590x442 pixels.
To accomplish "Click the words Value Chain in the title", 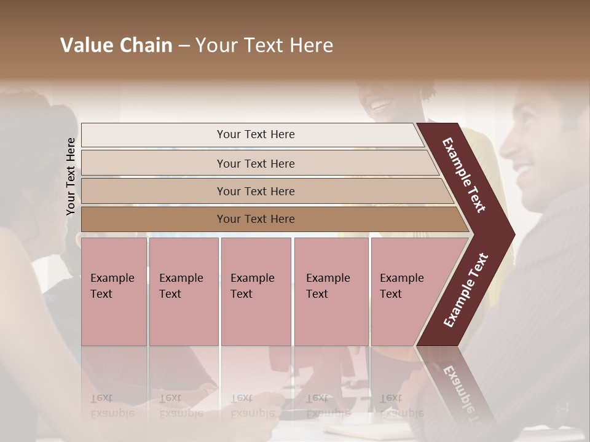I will [116, 45].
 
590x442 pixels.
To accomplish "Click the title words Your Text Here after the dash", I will [264, 45].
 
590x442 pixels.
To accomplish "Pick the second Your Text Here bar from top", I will [256, 163].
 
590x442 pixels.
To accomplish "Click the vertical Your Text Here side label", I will [71, 176].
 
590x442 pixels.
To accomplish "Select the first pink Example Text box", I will [114, 291].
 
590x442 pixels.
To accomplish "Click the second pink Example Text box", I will [183, 291].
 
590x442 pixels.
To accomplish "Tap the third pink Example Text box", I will [255, 291].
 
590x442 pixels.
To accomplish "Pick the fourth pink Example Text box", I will [331, 291].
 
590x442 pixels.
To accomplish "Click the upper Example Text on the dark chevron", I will [464, 175].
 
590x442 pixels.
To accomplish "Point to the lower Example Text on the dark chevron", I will [466, 290].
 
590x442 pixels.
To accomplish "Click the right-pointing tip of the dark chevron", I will [511, 234].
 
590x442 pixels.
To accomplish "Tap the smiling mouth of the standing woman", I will [381, 105].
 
